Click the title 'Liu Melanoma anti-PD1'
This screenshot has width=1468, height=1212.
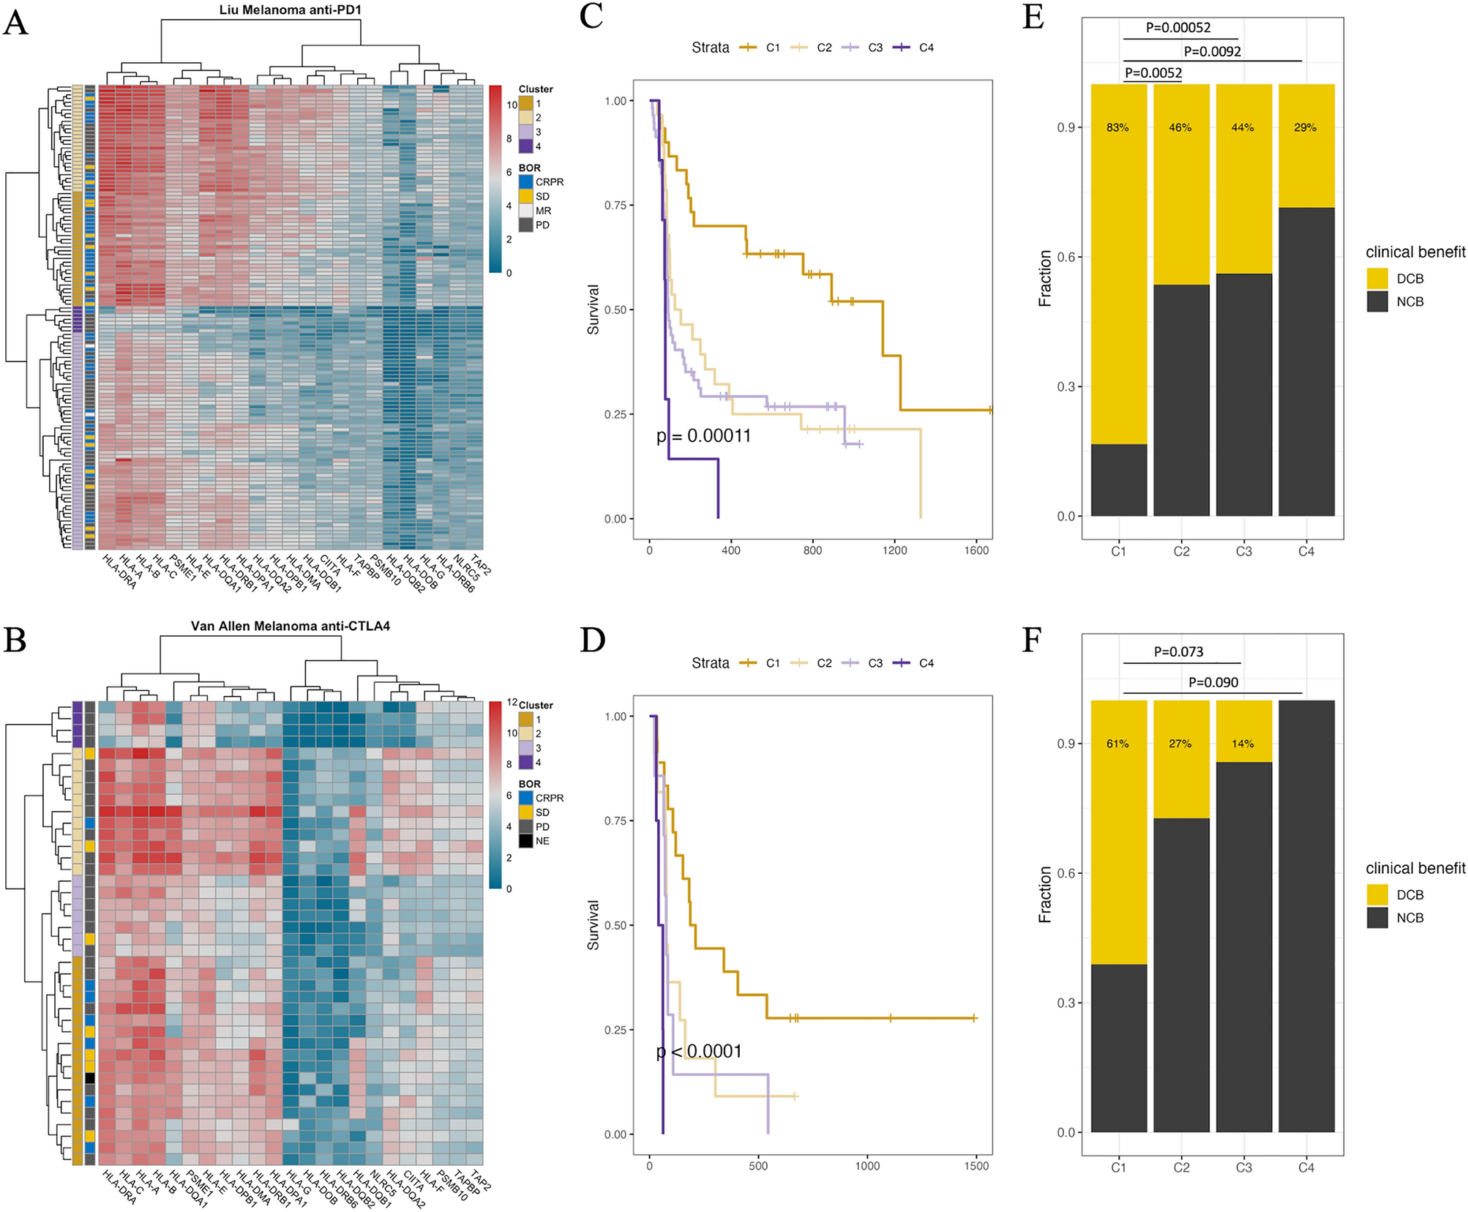pos(290,10)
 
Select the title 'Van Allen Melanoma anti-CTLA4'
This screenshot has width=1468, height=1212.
pos(290,626)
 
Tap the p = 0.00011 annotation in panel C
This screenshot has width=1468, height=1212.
pos(703,436)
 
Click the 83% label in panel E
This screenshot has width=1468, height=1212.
pos(1117,127)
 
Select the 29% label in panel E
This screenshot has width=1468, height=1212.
pos(1305,127)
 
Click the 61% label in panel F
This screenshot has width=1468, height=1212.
pos(1117,744)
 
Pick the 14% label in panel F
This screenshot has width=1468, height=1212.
pos(1243,744)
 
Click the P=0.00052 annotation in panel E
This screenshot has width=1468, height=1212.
pos(1178,28)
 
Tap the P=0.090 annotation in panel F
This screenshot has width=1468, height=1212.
pos(1213,682)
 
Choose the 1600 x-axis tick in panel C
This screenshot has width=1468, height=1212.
pos(976,550)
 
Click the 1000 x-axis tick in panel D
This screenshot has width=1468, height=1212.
pos(867,1166)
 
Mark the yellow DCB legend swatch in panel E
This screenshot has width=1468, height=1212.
pos(1377,278)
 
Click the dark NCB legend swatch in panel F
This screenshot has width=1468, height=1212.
pos(1377,918)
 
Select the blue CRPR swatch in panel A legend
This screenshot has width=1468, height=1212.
pos(525,182)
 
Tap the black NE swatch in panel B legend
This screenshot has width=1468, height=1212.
pos(525,841)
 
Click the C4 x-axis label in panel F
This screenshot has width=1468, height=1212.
pos(1306,1167)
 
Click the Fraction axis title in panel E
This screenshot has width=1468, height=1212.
pos(1045,278)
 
